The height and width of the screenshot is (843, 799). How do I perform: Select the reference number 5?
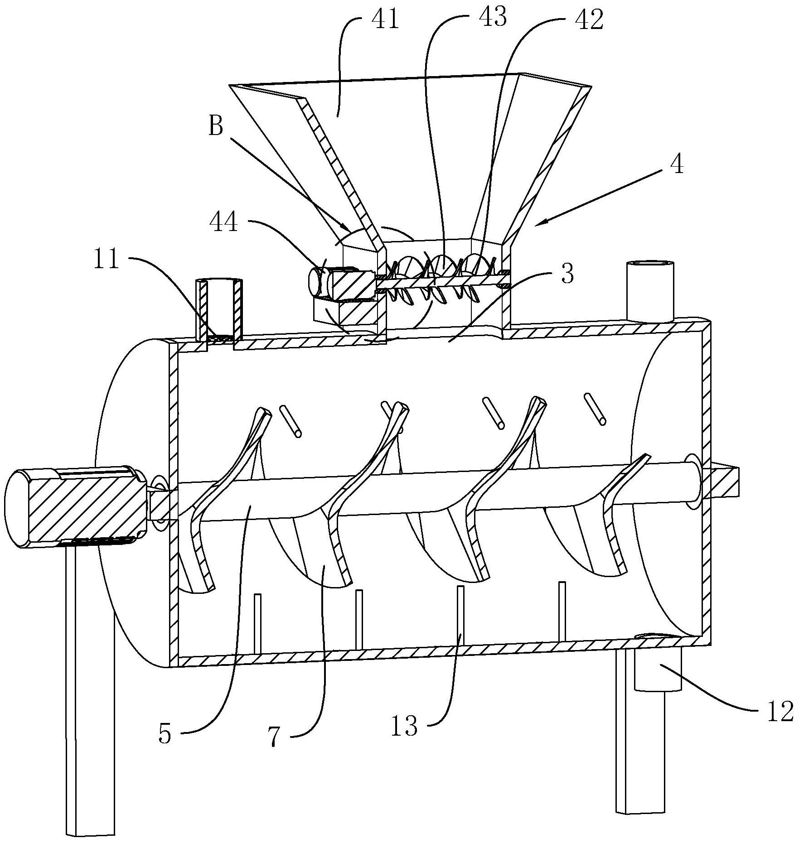pos(165,735)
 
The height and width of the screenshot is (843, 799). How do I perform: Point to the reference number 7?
pos(275,738)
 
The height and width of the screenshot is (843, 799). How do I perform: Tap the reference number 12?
pos(780,710)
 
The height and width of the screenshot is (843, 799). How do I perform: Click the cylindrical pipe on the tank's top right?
pos(649,291)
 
